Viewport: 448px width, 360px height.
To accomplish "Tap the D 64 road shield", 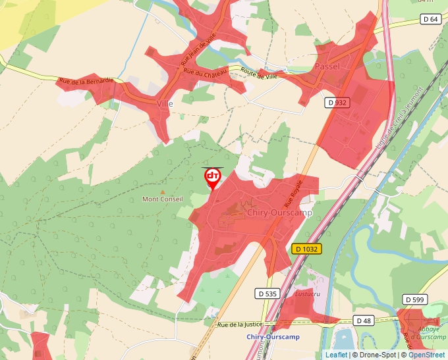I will click(430, 19).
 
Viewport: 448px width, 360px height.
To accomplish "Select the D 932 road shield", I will click(337, 103).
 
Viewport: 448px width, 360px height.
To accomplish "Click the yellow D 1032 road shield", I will click(306, 249).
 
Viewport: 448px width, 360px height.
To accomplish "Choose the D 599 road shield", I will click(414, 300).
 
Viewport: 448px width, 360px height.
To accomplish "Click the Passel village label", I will click(327, 67).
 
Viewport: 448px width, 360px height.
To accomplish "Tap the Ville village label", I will click(165, 103).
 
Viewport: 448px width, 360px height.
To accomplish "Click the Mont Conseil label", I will click(163, 199).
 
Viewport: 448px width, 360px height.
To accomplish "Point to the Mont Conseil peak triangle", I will click(163, 191).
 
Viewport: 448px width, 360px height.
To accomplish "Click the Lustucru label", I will click(307, 294).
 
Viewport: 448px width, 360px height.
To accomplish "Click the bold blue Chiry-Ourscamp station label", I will click(273, 337).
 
